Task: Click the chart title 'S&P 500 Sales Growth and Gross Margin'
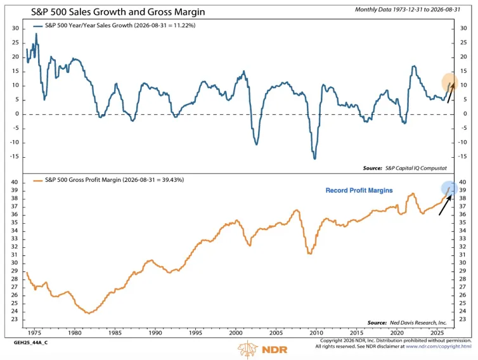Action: [118, 12]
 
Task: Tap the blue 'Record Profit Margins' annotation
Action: [359, 191]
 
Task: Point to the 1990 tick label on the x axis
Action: [155, 333]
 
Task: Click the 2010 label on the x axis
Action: [316, 333]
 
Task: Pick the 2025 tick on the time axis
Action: [437, 333]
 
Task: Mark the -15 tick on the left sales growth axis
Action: [14, 157]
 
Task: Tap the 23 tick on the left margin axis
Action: [15, 319]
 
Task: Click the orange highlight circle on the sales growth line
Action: [449, 82]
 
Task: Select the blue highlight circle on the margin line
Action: [449, 188]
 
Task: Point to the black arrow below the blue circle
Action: [445, 205]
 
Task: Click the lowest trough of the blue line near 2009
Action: [314, 159]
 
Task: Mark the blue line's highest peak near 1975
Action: [36, 34]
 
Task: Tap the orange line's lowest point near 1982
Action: [89, 313]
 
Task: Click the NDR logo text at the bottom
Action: [275, 349]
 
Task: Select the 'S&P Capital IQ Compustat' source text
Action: [416, 168]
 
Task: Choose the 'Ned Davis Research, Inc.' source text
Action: [418, 323]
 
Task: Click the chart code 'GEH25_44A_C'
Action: [30, 343]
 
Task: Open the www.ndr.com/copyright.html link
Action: [438, 347]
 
